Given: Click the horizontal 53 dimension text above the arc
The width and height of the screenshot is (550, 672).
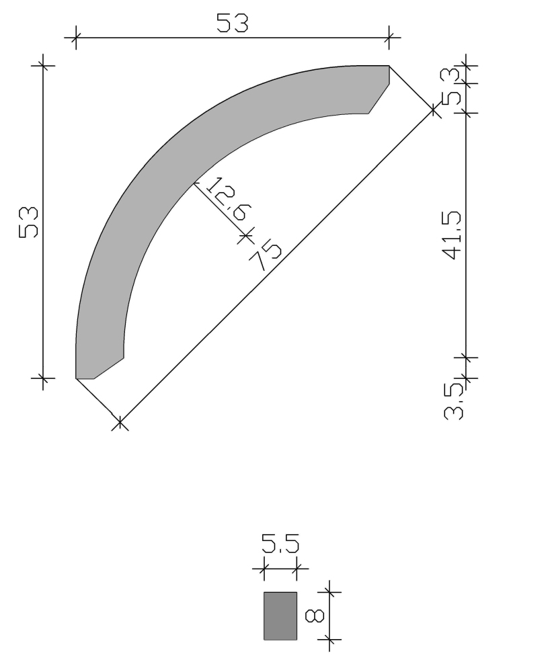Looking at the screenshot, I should click(232, 24).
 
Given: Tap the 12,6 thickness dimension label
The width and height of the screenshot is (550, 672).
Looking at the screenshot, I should click(223, 200).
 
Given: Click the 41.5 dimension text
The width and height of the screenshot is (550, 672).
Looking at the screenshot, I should click(453, 235).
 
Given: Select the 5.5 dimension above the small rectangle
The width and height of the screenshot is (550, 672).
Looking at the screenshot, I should click(280, 544).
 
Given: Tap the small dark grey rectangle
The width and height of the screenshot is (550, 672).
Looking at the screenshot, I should click(280, 616).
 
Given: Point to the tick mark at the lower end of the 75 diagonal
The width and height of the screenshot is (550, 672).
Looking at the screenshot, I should click(120, 423).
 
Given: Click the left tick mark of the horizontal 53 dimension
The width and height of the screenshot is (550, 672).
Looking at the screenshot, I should click(75, 38).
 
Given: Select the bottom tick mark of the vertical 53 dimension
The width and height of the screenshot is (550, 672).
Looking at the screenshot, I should click(43, 379).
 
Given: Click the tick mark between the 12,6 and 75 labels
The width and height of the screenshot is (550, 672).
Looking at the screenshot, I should click(246, 235).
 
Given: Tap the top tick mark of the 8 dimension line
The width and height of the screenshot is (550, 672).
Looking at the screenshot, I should click(329, 592).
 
